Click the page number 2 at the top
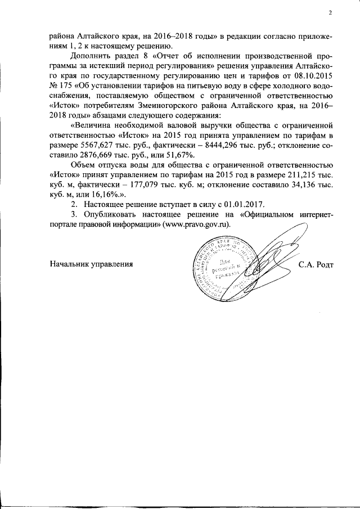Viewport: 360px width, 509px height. (330, 13)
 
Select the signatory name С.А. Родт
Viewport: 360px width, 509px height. (316, 264)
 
